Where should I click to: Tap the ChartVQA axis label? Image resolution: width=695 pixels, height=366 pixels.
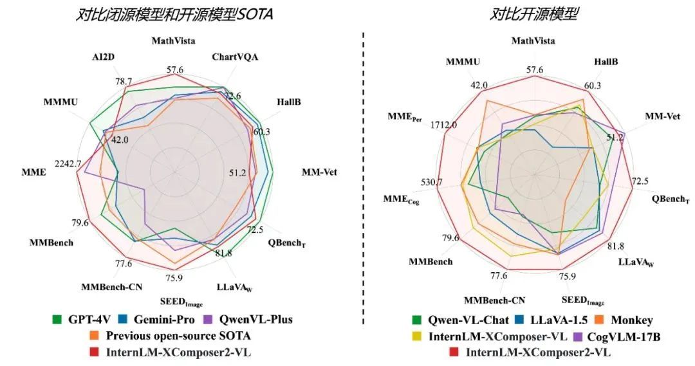pyautogui.click(x=236, y=57)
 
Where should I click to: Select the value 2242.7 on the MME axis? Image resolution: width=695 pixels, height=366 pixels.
pyautogui.click(x=68, y=164)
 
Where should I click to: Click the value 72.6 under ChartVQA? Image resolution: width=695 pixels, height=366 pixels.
pyautogui.click(x=232, y=96)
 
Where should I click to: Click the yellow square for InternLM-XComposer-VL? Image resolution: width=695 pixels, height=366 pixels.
pyautogui.click(x=417, y=336)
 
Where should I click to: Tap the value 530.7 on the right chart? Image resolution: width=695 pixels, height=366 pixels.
pyautogui.click(x=431, y=183)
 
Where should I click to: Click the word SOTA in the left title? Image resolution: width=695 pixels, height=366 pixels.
pyautogui.click(x=253, y=14)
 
